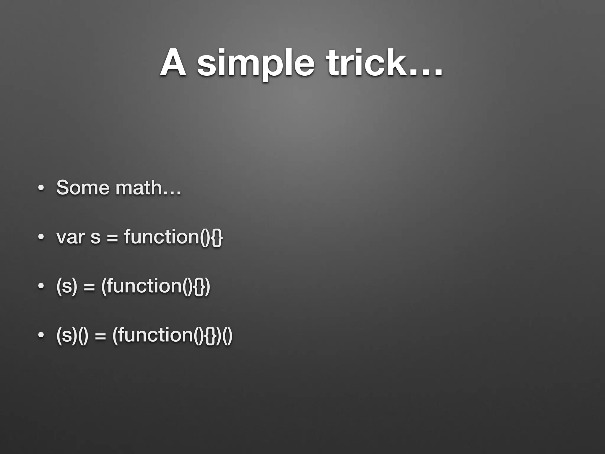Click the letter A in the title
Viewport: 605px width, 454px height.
(174, 63)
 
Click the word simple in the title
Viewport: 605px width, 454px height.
(256, 64)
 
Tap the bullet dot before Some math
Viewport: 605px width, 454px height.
(41, 188)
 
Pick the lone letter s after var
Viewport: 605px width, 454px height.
(95, 238)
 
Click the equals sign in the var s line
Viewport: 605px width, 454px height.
(112, 238)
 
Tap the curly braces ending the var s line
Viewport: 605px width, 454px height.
(217, 237)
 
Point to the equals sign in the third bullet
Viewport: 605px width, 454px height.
(89, 287)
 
